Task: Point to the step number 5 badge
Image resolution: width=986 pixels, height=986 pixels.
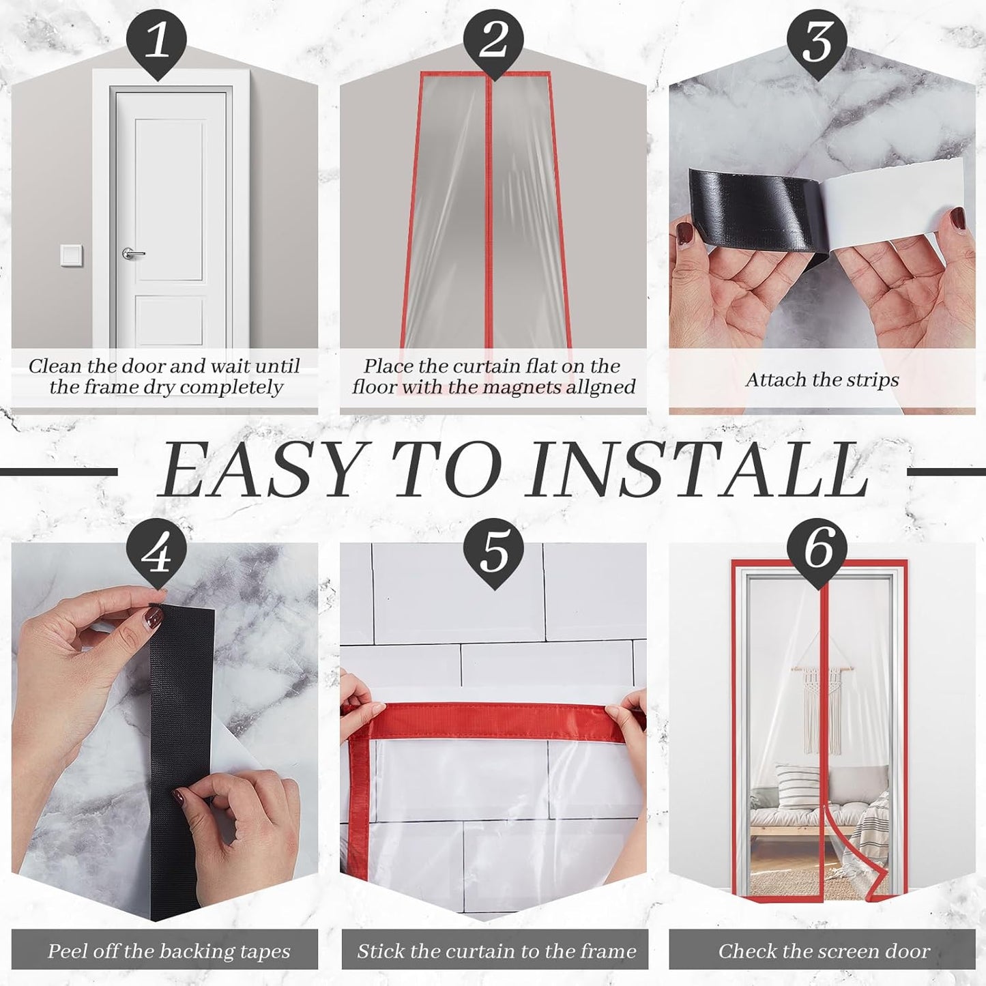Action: (493, 551)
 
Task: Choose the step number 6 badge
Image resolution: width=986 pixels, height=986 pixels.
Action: (817, 551)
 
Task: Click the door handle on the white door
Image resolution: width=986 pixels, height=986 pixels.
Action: (132, 254)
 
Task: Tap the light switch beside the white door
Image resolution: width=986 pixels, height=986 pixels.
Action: (71, 255)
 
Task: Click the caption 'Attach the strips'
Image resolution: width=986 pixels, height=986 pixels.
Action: (822, 380)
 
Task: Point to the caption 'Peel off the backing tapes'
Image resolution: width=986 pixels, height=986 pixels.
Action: (169, 951)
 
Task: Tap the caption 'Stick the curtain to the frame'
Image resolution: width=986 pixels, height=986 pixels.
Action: (496, 951)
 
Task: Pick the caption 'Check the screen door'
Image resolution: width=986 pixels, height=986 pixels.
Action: (824, 951)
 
